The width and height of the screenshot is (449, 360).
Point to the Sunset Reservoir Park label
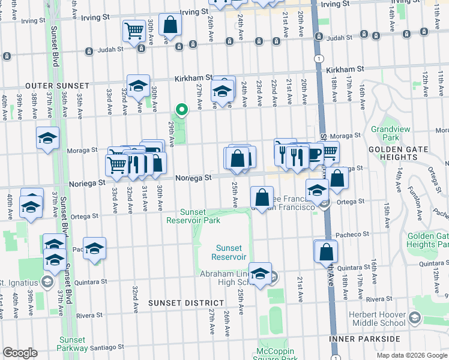coord(193,216)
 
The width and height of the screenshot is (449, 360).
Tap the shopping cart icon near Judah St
coord(135,31)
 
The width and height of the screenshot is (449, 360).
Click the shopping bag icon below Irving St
coord(170,25)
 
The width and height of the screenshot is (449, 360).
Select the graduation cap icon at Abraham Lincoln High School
coord(260,274)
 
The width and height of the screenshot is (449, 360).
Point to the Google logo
coord(20,353)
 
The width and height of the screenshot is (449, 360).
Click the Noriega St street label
coord(194,178)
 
